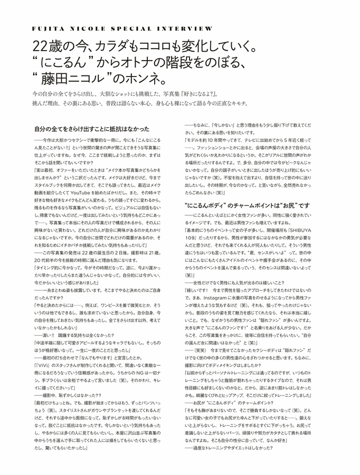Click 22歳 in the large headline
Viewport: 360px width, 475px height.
[x=46, y=47]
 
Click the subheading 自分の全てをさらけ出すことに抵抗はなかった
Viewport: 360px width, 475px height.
[x=92, y=129]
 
